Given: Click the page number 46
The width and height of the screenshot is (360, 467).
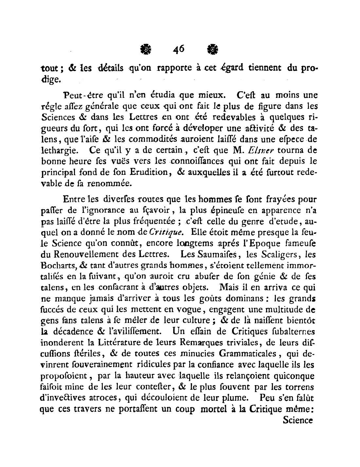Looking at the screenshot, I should pos(179,49).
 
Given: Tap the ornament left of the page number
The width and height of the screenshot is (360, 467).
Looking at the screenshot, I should pos(145,50).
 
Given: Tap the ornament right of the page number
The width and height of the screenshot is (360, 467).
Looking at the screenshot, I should pos(213,50).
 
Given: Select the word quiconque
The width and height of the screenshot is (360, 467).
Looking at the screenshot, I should pos(294,376).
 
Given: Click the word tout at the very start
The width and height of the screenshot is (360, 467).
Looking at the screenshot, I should pos(50,69).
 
